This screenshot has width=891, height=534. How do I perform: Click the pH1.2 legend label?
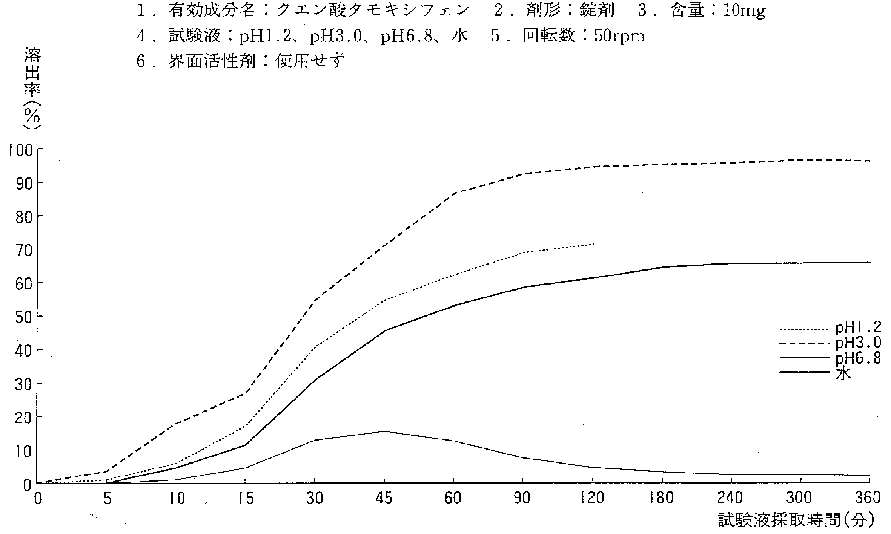pos(858,327)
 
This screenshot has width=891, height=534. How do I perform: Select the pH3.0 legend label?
pos(858,343)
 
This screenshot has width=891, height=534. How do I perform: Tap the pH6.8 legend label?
pos(858,358)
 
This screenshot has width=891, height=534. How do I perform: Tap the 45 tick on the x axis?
pos(384,499)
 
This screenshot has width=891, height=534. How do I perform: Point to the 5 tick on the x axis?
pos(108,499)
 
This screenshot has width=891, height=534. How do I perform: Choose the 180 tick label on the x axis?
pos(662,499)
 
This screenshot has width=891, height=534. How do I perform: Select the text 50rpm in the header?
pos(619,36)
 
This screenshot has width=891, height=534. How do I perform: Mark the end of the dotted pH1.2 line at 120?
pos(593,244)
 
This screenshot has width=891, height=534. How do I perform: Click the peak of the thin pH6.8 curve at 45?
pos(384,431)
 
